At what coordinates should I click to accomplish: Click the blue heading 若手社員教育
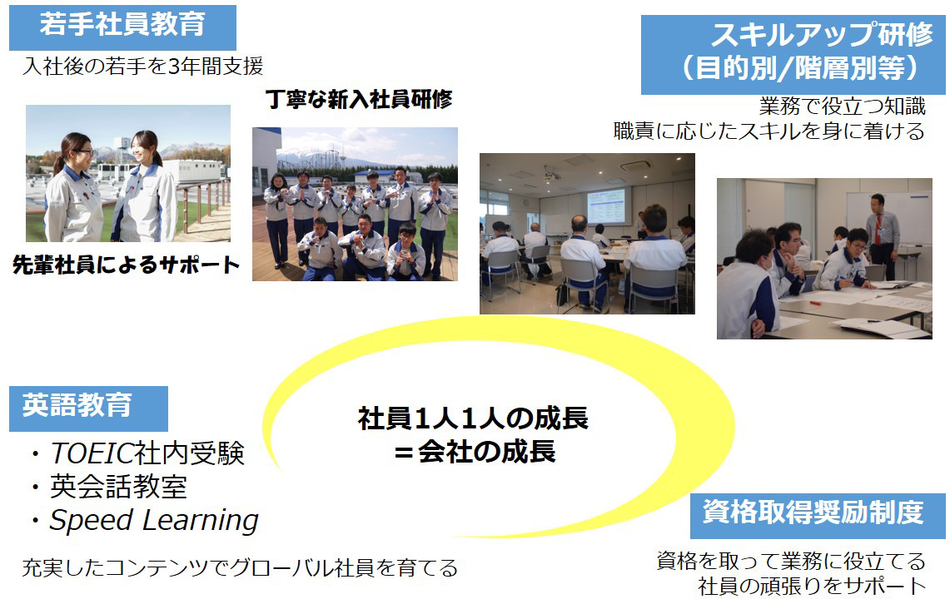pyautogui.click(x=122, y=25)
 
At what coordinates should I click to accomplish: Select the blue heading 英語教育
pyautogui.click(x=77, y=405)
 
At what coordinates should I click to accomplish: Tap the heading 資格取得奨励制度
pyautogui.click(x=813, y=512)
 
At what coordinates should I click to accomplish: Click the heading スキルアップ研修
pyautogui.click(x=822, y=34)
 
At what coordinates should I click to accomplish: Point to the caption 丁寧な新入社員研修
pyautogui.click(x=359, y=99)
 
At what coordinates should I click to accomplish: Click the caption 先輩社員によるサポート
pyautogui.click(x=126, y=265)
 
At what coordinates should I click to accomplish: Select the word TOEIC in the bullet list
pyautogui.click(x=92, y=453)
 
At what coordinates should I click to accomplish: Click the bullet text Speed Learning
pyautogui.click(x=154, y=521)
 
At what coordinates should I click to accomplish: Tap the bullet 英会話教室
pyautogui.click(x=118, y=487)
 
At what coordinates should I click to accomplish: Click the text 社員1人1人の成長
pyautogui.click(x=473, y=418)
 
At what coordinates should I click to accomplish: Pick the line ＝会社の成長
pyautogui.click(x=475, y=452)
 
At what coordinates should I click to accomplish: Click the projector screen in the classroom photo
pyautogui.click(x=605, y=206)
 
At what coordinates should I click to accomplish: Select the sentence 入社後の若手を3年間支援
pyautogui.click(x=143, y=66)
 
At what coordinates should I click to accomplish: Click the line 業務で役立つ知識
pyautogui.click(x=842, y=106)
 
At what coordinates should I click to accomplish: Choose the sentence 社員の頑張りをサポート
pyautogui.click(x=812, y=586)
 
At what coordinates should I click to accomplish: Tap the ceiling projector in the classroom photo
pyautogui.click(x=550, y=175)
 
